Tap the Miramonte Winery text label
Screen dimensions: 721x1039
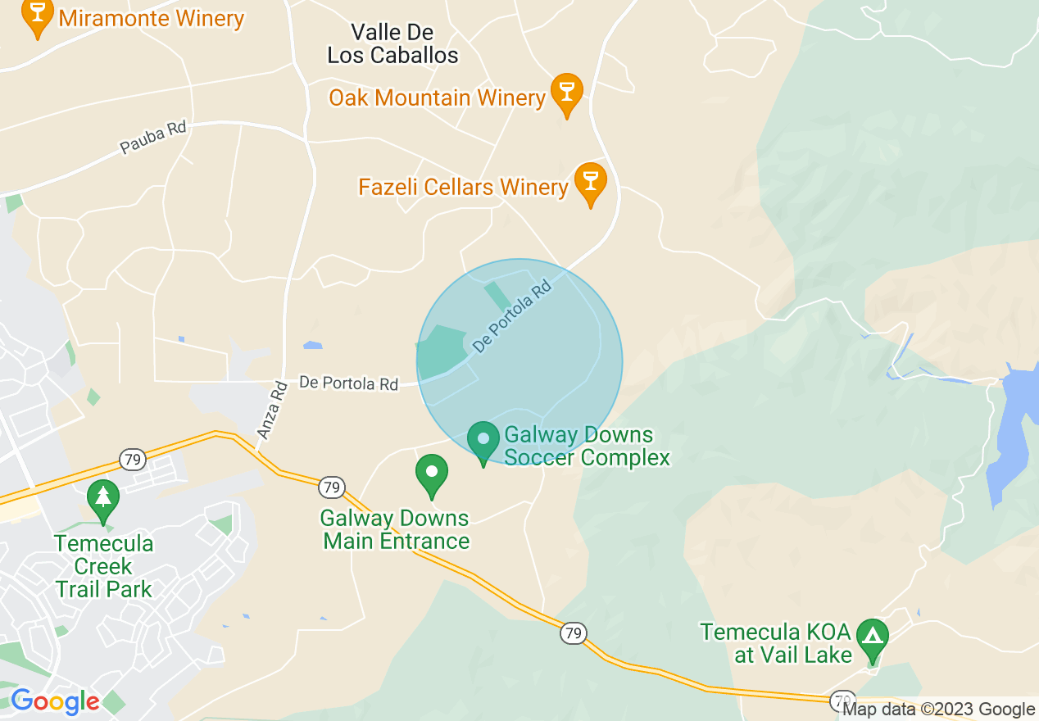click(x=152, y=18)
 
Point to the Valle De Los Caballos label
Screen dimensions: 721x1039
click(x=392, y=44)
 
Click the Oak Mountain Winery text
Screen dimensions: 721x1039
click(x=437, y=98)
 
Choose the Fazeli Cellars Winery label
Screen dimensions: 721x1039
click(x=463, y=188)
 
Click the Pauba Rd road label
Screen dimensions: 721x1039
click(x=153, y=137)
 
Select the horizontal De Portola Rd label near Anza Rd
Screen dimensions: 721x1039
click(x=348, y=383)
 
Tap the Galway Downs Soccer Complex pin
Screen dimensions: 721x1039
click(x=483, y=441)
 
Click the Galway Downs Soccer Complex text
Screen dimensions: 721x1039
click(x=586, y=446)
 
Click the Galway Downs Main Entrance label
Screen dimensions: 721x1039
click(x=395, y=529)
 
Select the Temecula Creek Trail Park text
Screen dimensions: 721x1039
click(x=104, y=566)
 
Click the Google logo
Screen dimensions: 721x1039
click(x=55, y=701)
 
